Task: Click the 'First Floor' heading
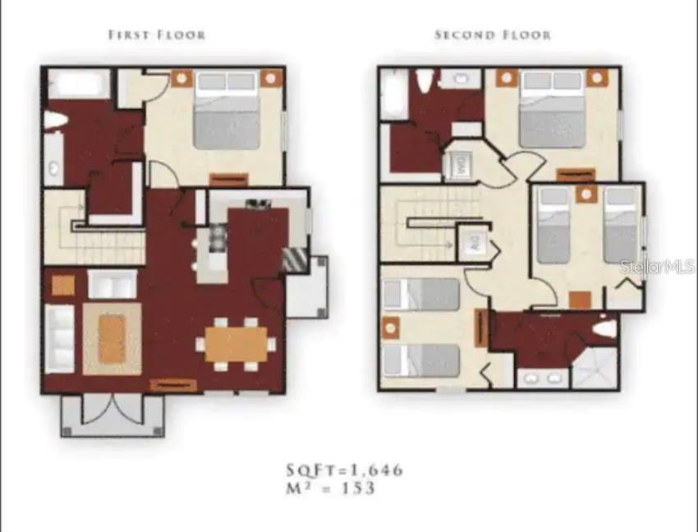(x=157, y=34)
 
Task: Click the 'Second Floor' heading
(x=493, y=34)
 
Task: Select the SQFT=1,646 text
(x=345, y=470)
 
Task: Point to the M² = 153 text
(x=331, y=488)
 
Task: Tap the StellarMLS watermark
(x=658, y=267)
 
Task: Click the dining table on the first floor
(x=236, y=344)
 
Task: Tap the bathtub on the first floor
(x=79, y=85)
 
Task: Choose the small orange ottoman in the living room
(x=63, y=285)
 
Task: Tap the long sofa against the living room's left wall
(x=60, y=338)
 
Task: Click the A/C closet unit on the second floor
(x=474, y=242)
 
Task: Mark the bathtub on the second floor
(x=393, y=94)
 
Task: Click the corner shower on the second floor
(x=594, y=367)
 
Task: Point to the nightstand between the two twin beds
(x=585, y=194)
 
